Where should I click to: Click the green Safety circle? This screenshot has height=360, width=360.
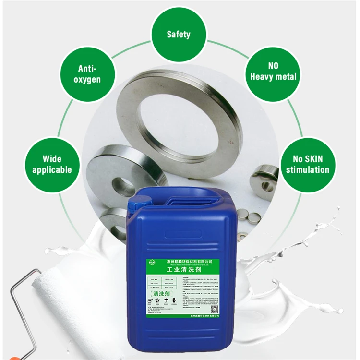(178, 34)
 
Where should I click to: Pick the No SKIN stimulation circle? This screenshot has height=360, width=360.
(308, 164)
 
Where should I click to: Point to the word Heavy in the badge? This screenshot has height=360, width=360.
(264, 77)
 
